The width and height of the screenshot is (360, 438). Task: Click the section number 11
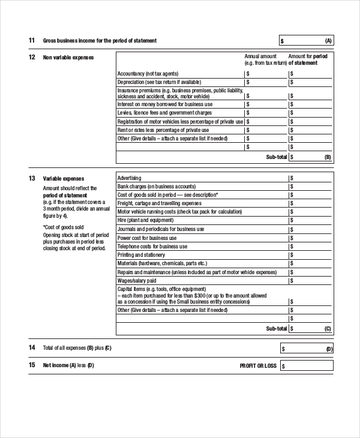[x=31, y=41]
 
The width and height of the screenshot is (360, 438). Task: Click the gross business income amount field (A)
[x=305, y=41]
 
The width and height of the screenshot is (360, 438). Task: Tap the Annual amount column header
[x=260, y=56]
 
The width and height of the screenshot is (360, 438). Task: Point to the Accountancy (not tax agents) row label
[x=147, y=74]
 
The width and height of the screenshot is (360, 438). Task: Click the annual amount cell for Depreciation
[x=266, y=82]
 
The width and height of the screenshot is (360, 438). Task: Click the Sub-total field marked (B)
[x=310, y=157]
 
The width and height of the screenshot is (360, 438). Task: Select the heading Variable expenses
[x=64, y=178]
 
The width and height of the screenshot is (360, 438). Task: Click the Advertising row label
[x=130, y=178]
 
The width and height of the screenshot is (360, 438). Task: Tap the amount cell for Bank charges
[x=310, y=187]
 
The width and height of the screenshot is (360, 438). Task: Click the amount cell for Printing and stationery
[x=310, y=255]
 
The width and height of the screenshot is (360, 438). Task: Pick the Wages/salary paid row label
[x=137, y=280]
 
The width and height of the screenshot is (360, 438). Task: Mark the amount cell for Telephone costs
[x=310, y=247]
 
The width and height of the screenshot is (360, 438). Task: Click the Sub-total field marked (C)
[x=310, y=329]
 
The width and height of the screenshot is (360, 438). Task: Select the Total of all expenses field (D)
[x=305, y=349]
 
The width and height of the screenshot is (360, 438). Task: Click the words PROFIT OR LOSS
[x=258, y=365]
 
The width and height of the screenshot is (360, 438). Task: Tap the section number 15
[x=31, y=365]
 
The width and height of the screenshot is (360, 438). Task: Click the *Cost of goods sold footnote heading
[x=63, y=227]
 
